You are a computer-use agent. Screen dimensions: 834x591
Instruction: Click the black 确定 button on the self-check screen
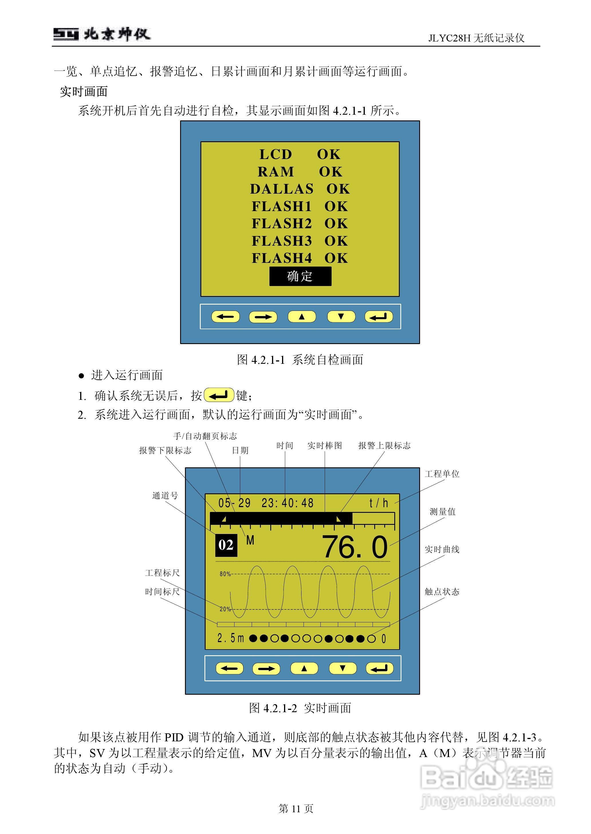[300, 276]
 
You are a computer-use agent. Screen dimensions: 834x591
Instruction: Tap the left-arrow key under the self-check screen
[225, 317]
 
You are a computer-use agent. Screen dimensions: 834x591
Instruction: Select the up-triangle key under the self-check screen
[302, 317]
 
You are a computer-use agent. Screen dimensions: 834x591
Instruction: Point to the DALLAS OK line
[300, 189]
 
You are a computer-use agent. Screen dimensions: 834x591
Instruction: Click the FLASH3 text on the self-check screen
[282, 241]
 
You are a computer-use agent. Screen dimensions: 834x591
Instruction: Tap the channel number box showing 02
[226, 545]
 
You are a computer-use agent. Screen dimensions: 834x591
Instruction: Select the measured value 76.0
[355, 547]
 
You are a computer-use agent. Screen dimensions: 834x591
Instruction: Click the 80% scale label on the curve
[225, 574]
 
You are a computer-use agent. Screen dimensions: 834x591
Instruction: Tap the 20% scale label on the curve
[225, 609]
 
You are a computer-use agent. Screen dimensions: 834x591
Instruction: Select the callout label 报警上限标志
[384, 446]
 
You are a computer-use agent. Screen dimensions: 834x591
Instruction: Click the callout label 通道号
[165, 496]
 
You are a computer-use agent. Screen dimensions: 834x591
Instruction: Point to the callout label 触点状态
[442, 592]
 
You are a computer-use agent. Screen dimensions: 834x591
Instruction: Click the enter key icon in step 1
[219, 395]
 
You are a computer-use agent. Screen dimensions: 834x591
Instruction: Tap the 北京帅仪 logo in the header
[102, 35]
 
